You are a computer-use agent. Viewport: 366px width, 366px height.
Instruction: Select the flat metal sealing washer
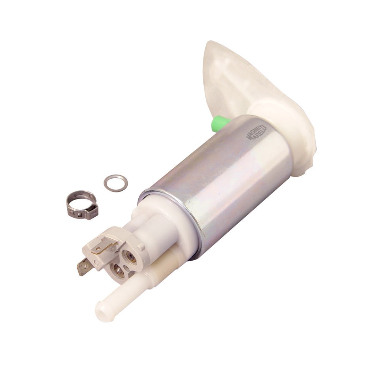pyautogui.click(x=116, y=182)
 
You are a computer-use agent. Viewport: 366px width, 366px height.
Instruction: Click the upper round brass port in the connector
pyautogui.click(x=130, y=257)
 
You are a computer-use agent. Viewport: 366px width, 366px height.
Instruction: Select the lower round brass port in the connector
pyautogui.click(x=118, y=270)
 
